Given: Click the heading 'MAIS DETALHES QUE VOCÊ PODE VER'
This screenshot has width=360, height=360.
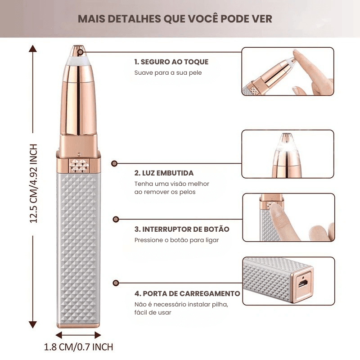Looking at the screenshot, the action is (x=175, y=19).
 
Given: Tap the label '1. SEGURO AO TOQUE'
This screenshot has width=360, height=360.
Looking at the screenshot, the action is (x=171, y=62).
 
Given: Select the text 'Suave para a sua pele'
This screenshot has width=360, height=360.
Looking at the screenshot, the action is (x=168, y=73).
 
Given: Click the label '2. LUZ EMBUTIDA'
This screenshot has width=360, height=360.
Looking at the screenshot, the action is (x=164, y=173).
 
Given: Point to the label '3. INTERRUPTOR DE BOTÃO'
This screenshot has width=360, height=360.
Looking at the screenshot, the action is (x=182, y=229).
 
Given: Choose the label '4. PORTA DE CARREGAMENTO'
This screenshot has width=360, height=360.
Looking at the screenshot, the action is (x=187, y=293).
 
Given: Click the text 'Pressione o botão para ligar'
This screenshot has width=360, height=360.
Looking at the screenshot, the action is (x=176, y=240).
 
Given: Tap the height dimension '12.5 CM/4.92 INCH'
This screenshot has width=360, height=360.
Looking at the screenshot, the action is (x=33, y=184).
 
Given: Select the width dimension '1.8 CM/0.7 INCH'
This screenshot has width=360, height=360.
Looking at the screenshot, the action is (x=78, y=347).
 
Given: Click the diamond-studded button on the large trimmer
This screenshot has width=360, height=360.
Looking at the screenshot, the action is (x=79, y=166).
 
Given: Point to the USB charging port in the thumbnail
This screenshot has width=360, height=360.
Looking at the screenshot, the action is (x=303, y=283).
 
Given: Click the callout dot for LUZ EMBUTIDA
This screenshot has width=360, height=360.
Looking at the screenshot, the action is (x=114, y=163).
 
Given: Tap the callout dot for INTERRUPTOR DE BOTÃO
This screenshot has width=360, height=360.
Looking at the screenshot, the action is (x=116, y=219).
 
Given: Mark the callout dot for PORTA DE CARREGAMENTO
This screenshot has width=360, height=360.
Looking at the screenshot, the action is (x=116, y=283).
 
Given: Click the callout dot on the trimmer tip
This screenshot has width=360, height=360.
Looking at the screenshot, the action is (x=81, y=52).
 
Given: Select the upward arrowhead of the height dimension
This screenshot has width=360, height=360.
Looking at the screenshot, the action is (x=33, y=49).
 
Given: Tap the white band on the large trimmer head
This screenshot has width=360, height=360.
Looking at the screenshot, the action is (x=78, y=61).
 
